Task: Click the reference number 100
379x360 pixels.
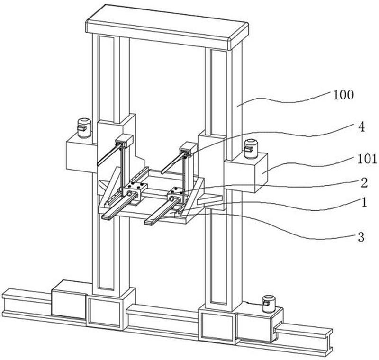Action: click(343, 95)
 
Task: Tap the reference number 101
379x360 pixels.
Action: click(367, 160)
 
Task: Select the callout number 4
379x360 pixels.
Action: click(361, 127)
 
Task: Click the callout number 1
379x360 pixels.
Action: click(364, 202)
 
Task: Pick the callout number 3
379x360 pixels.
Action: click(361, 237)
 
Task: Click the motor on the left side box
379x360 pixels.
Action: click(84, 127)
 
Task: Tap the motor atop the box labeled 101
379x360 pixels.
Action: click(251, 149)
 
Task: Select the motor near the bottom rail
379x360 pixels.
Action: click(269, 304)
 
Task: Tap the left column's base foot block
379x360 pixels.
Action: click(111, 309)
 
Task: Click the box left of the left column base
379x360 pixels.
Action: click(69, 299)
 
